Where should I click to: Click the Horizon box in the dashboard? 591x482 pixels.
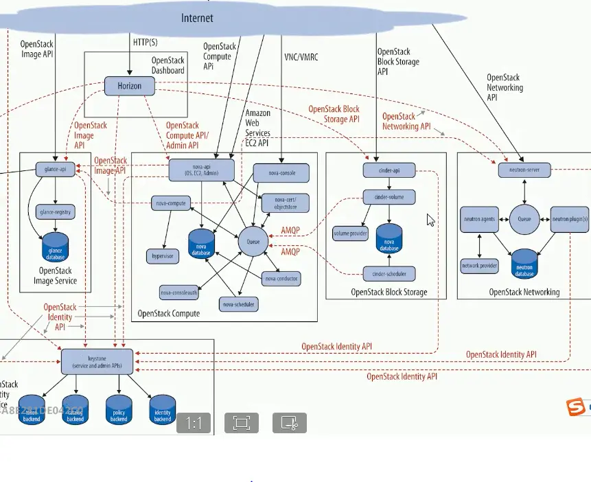[129, 86]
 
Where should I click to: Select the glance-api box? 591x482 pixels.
[56, 169]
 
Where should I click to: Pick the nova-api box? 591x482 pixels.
[201, 170]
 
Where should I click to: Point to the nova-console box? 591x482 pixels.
[281, 172]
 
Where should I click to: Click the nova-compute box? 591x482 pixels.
[170, 203]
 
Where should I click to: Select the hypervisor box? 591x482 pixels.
[161, 255]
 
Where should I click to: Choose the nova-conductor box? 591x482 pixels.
[281, 279]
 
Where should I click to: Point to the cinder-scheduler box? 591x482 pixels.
[389, 274]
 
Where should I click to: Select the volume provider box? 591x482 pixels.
[351, 233]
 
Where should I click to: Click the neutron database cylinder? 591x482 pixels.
[524, 264]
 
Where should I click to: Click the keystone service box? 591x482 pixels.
[97, 362]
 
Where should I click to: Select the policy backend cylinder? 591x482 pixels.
[119, 409]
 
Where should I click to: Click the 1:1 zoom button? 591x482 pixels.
[194, 423]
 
